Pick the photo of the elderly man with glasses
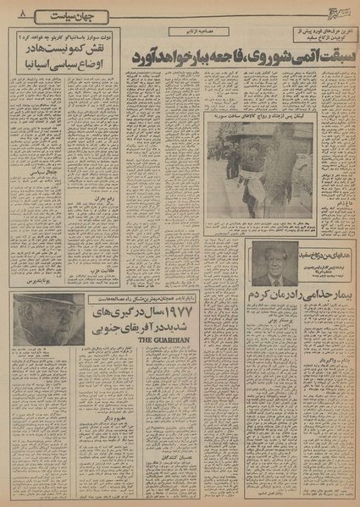coord(49,320)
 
